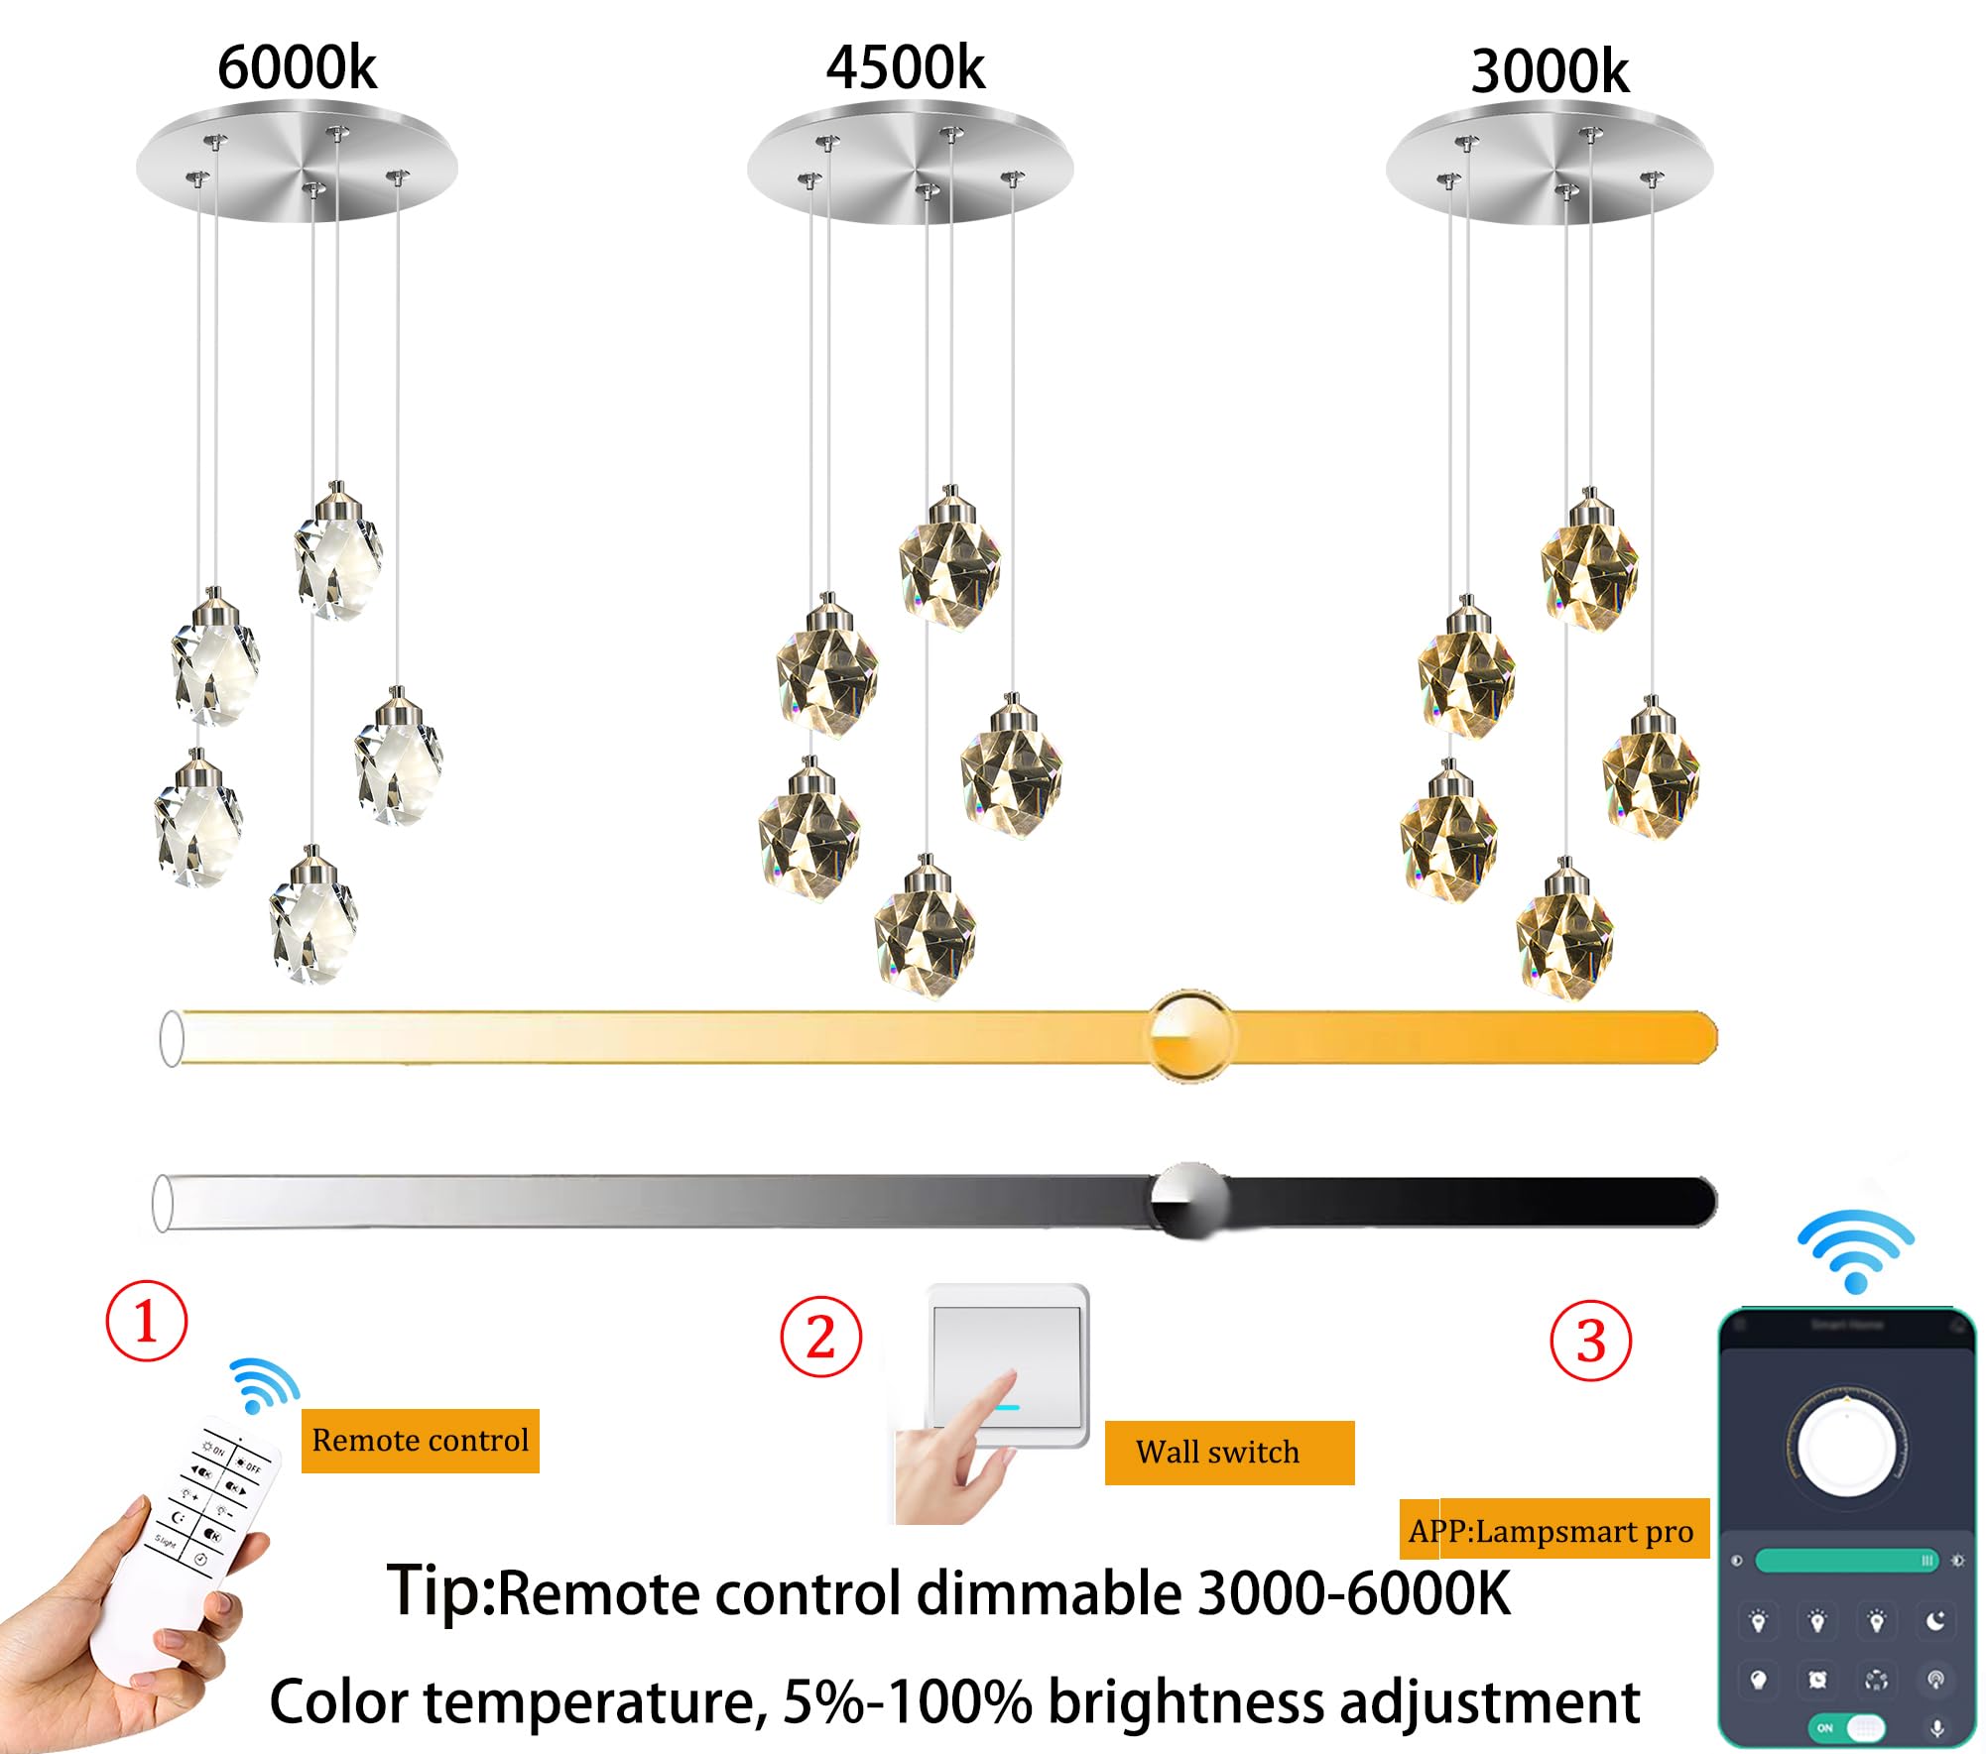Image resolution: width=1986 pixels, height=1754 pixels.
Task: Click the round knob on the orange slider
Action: tap(1190, 1036)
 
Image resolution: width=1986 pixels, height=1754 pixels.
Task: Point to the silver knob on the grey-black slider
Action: tap(1188, 1200)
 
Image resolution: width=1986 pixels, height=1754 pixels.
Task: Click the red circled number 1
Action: tap(147, 1321)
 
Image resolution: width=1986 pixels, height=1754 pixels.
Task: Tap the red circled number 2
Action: tap(820, 1337)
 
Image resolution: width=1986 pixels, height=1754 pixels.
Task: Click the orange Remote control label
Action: tap(421, 1440)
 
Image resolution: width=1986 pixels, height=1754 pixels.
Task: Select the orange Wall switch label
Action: tap(1228, 1453)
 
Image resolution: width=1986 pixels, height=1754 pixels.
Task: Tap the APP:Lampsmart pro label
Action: tap(1553, 1531)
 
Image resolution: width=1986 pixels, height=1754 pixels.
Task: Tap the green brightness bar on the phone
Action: tap(1846, 1561)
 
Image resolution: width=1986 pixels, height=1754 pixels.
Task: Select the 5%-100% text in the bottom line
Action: tap(907, 1701)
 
